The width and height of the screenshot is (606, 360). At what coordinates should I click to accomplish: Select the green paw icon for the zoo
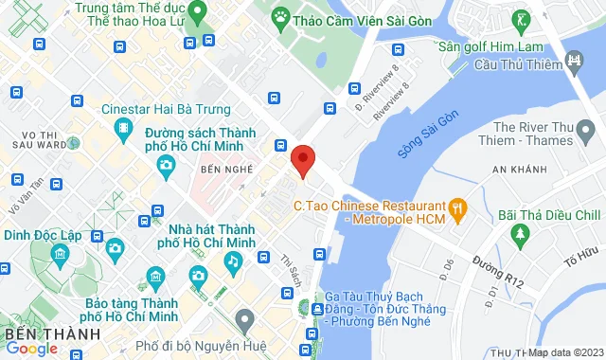281,16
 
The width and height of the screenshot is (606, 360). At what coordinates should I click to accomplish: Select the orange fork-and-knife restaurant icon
457,205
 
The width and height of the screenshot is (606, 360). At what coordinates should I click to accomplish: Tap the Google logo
32,349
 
